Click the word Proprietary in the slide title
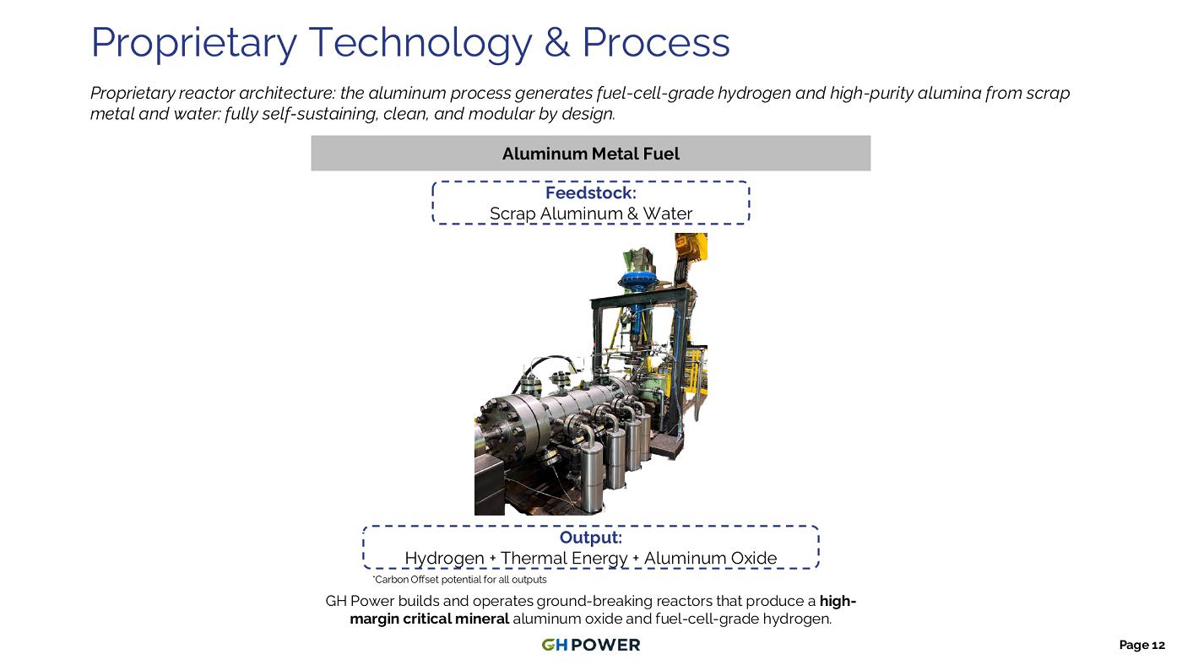tap(193, 43)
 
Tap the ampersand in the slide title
tap(556, 41)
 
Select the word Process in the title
tap(656, 41)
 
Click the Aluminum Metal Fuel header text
tap(590, 154)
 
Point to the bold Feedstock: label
tap(590, 192)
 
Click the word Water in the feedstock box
tap(667, 214)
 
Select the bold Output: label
tap(590, 538)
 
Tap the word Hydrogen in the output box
tap(444, 559)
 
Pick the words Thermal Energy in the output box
tap(564, 559)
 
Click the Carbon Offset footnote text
tap(459, 580)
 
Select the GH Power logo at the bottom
tap(590, 645)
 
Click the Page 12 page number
tap(1141, 645)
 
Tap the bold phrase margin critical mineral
tap(430, 619)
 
